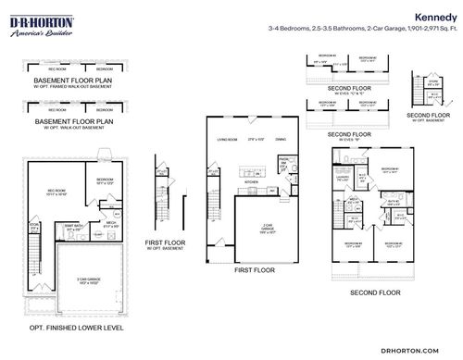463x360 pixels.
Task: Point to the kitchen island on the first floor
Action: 252,169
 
